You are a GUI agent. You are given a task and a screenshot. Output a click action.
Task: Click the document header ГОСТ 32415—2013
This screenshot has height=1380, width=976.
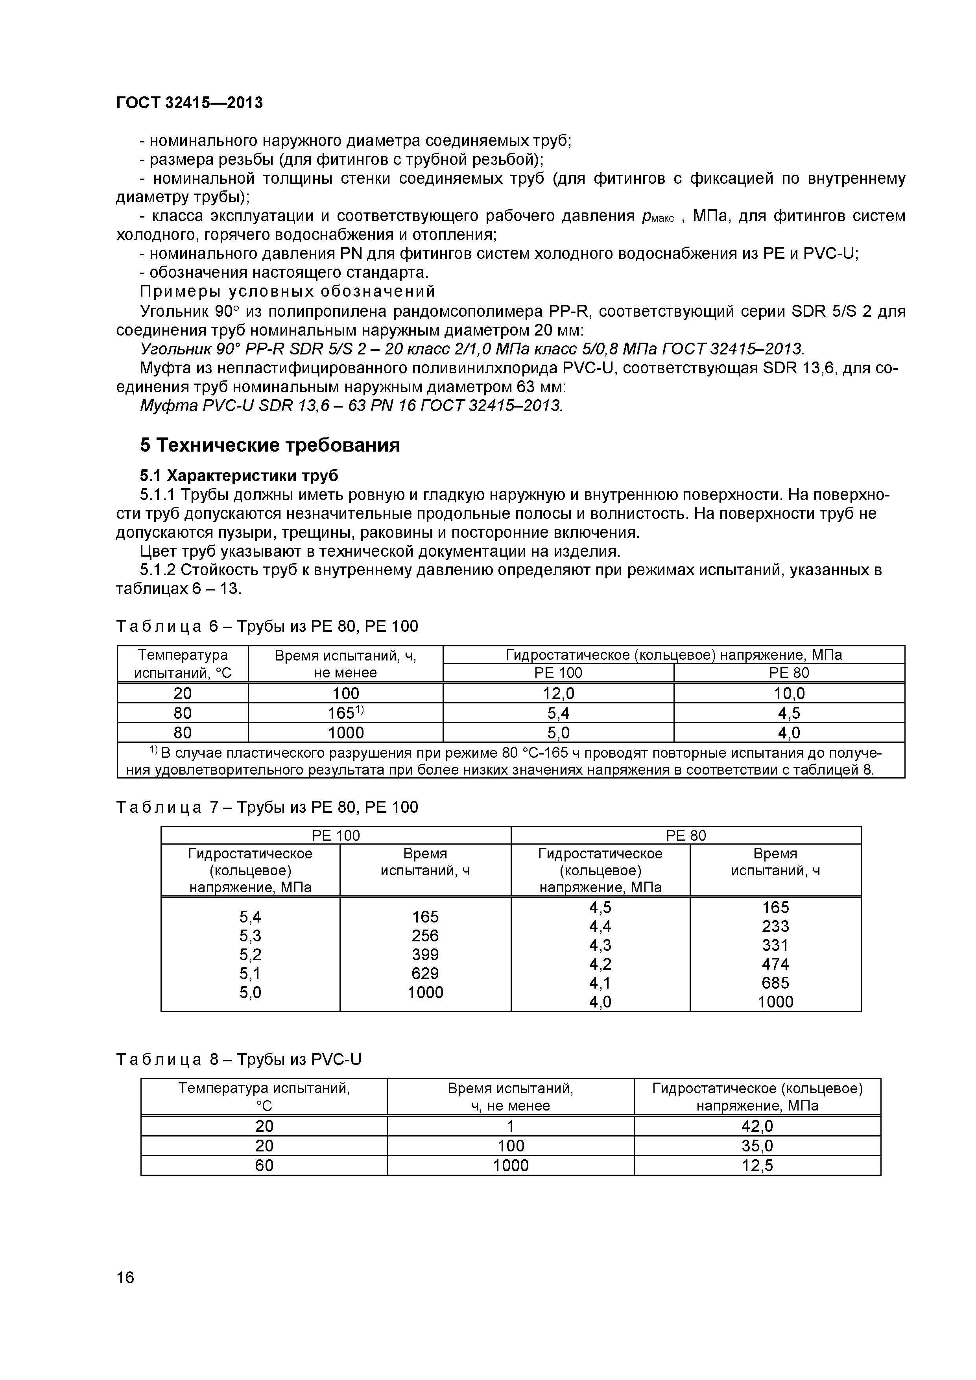point(189,103)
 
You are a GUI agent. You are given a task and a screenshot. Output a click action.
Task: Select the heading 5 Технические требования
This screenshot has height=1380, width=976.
point(270,445)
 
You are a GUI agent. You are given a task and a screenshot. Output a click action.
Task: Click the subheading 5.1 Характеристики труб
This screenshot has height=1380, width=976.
point(239,476)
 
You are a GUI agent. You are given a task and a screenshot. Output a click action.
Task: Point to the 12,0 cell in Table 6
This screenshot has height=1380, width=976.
point(558,694)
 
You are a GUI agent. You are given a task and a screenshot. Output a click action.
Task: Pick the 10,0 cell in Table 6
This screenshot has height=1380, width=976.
point(789,694)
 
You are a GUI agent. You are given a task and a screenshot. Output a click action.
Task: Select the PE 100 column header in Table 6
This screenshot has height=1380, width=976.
point(558,673)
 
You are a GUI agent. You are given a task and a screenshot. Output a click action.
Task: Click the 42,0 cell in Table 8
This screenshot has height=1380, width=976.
point(757,1126)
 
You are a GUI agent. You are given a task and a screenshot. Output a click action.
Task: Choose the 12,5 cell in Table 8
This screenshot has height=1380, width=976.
point(757,1166)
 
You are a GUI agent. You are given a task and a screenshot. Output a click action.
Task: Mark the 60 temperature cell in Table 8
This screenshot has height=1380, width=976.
point(264,1166)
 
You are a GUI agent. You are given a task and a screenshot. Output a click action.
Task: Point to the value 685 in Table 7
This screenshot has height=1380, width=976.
point(775,983)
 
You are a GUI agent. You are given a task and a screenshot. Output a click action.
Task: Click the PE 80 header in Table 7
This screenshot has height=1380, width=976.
point(686,836)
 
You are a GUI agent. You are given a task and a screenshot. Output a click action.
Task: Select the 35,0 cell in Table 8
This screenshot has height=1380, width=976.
point(757,1146)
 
